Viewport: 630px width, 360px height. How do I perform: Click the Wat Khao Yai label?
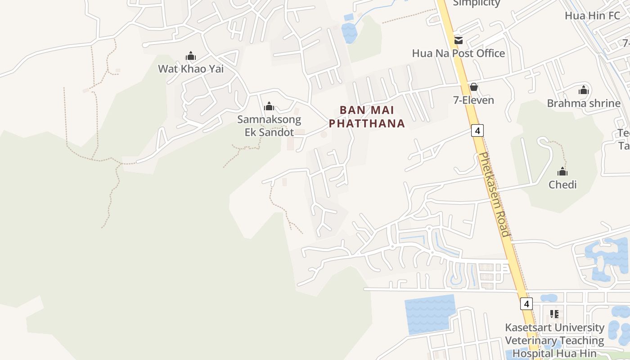pyautogui.click(x=190, y=69)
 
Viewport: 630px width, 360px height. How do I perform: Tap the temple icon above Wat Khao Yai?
pyautogui.click(x=191, y=56)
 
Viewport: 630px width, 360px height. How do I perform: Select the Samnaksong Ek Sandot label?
pyautogui.click(x=269, y=126)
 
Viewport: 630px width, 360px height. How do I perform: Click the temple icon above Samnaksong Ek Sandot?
pyautogui.click(x=269, y=107)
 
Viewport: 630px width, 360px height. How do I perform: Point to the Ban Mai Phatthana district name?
pyautogui.click(x=367, y=117)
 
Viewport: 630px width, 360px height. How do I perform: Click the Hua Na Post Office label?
pyautogui.click(x=458, y=53)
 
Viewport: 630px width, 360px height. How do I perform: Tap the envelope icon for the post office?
pyautogui.click(x=459, y=40)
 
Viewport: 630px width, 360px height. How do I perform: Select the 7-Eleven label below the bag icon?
pyautogui.click(x=473, y=100)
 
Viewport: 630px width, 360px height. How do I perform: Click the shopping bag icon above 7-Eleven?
pyautogui.click(x=473, y=87)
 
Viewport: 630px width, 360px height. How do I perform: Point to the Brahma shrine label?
pyautogui.click(x=584, y=103)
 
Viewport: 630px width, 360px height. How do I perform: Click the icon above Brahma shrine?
pyautogui.click(x=584, y=90)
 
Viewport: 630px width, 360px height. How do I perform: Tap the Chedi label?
pyautogui.click(x=562, y=184)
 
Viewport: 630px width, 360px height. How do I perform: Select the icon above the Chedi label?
pyautogui.click(x=562, y=171)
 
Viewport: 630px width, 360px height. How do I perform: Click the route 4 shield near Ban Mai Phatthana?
pyautogui.click(x=477, y=130)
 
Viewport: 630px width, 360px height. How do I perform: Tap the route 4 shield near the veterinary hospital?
pyautogui.click(x=526, y=303)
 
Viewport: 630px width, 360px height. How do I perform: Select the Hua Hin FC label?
pyautogui.click(x=592, y=15)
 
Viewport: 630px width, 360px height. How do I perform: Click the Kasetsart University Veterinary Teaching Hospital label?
pyautogui.click(x=554, y=340)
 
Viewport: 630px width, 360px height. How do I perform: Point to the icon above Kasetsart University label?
pyautogui.click(x=554, y=314)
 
